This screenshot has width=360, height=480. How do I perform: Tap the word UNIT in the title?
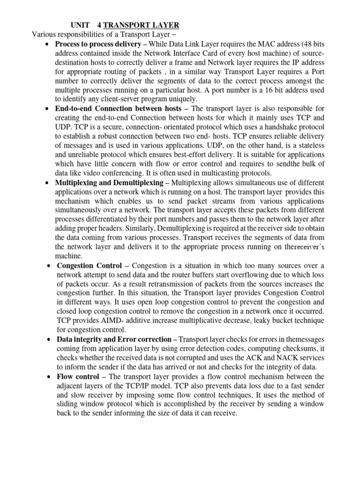click(x=80, y=25)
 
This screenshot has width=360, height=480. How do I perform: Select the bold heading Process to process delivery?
click(x=97, y=44)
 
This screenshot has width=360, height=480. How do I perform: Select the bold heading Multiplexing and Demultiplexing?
click(x=109, y=182)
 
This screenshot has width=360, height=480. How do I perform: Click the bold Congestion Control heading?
click(x=89, y=266)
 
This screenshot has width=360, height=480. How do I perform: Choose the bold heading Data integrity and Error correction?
click(x=114, y=339)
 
